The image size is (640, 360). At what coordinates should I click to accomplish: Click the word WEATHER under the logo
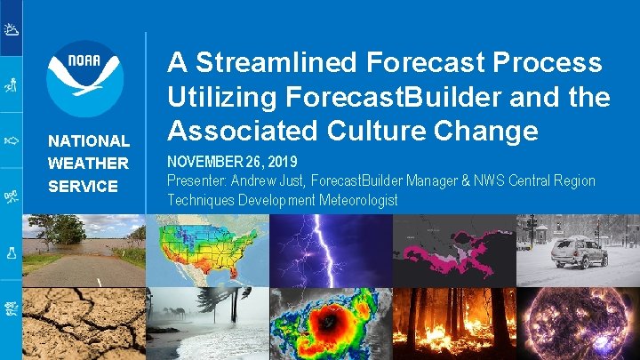pos(88,164)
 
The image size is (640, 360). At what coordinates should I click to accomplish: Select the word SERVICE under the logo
pos(83,187)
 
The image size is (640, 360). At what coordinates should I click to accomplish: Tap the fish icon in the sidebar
pos(12,140)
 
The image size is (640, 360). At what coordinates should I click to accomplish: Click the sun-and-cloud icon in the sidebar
pos(12,30)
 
